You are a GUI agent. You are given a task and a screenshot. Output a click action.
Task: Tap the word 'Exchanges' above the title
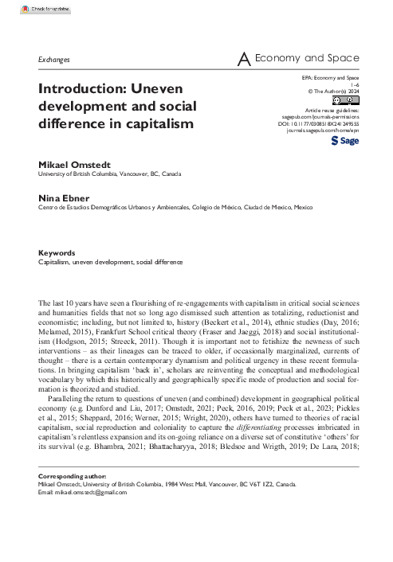(x=54, y=60)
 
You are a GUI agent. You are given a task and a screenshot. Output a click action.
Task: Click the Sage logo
(x=344, y=140)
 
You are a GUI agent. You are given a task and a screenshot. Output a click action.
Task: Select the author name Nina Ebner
(x=61, y=197)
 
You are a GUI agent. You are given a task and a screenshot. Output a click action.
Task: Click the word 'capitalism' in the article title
(x=151, y=124)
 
